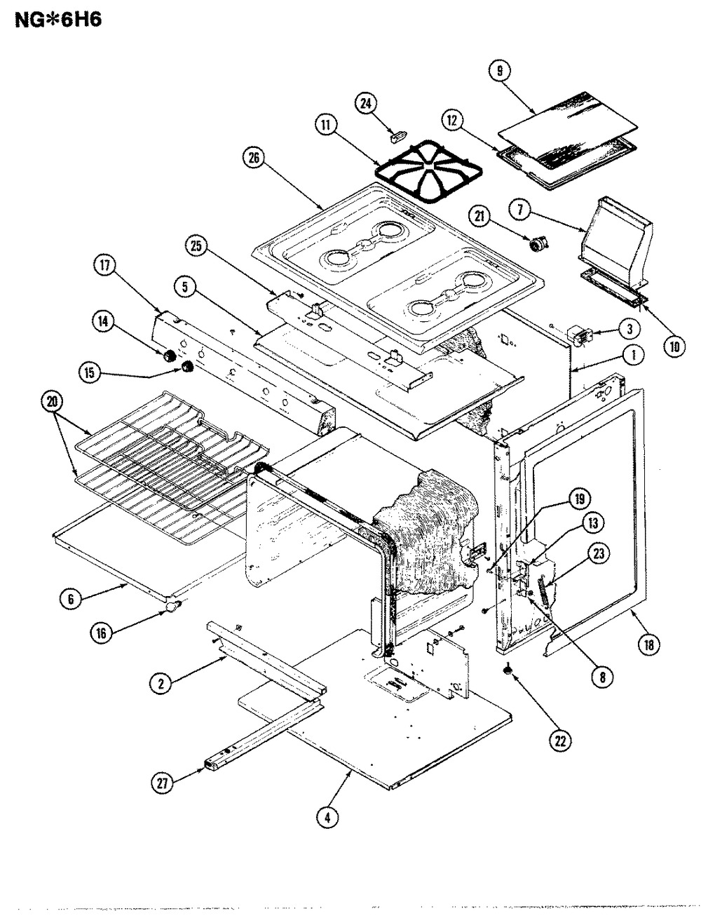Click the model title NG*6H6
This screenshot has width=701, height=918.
pyautogui.click(x=58, y=19)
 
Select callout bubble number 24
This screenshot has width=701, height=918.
pyautogui.click(x=365, y=104)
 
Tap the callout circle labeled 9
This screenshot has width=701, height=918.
pyautogui.click(x=500, y=72)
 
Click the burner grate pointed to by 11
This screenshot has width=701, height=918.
pyautogui.click(x=428, y=172)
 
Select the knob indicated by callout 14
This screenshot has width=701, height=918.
pyautogui.click(x=169, y=357)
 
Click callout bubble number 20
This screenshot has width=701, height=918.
pyautogui.click(x=53, y=402)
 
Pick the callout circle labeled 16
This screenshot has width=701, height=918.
pyautogui.click(x=102, y=633)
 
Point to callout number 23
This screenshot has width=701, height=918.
pyautogui.click(x=599, y=554)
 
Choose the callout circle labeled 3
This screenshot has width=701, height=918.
pyautogui.click(x=630, y=329)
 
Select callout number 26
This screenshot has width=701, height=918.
pyautogui.click(x=254, y=158)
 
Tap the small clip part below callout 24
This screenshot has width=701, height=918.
pyautogui.click(x=398, y=135)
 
